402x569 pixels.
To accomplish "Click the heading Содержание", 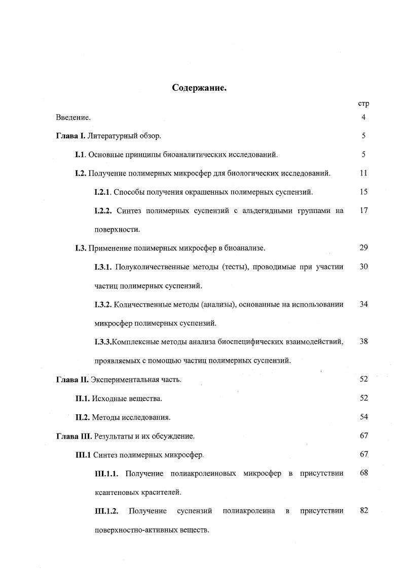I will pos(199,88).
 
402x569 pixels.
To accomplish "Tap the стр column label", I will pos(363,103).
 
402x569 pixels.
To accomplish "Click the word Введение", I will pos(73,118).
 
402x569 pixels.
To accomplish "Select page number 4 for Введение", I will pos(363,117).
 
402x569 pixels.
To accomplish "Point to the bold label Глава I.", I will pos(71,136).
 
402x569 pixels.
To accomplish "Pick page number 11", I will pos(363,173).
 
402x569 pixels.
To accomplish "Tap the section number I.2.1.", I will pos(103,192).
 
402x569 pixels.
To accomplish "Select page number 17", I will pos(363,210).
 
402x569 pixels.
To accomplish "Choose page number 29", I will pos(363,247).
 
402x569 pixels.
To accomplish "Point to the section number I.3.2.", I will pos(103,304).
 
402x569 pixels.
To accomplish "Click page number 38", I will pos(363,341).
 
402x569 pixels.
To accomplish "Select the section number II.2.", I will pos(83,417).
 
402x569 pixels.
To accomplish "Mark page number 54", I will pos(363,417).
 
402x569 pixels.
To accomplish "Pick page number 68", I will pos(363,473).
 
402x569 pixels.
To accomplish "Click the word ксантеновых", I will pos(115,492).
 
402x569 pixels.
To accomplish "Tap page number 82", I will pos(363,510).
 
